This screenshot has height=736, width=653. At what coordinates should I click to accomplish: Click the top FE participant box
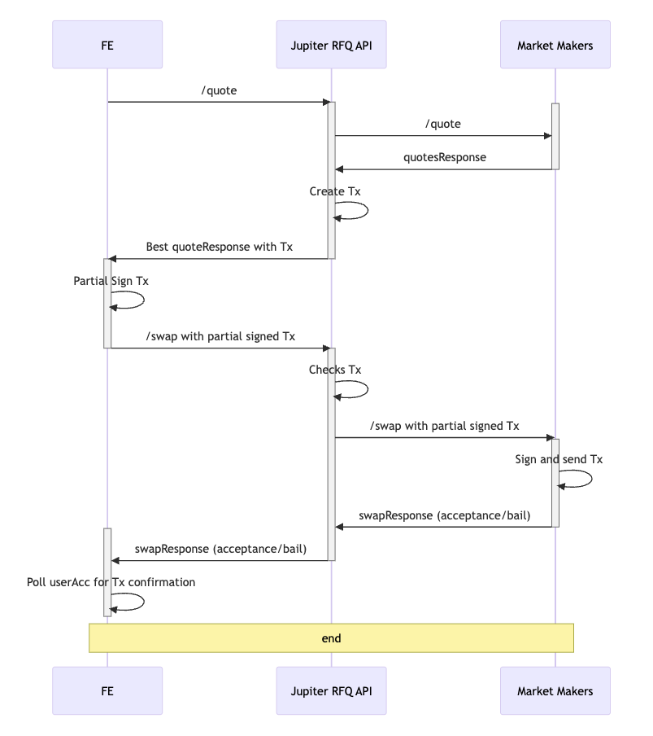point(107,45)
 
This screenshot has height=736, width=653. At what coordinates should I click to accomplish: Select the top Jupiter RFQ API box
point(331,45)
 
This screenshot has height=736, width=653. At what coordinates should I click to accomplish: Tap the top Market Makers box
point(555,45)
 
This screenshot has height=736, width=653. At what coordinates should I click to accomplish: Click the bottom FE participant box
point(107,691)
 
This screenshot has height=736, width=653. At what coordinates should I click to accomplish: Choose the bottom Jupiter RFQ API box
point(331,691)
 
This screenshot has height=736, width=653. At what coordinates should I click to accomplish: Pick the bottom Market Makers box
point(555,691)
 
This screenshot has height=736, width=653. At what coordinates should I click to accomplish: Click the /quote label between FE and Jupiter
point(219,90)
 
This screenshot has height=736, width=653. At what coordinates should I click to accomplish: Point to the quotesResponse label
point(445,157)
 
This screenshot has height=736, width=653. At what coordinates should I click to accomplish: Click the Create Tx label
point(335,191)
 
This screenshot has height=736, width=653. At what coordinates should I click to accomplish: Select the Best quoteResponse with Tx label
point(219,247)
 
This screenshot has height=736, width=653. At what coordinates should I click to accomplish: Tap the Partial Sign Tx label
point(111,281)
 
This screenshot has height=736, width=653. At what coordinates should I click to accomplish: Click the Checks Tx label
point(335,370)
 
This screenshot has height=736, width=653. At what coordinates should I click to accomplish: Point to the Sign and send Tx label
point(559,459)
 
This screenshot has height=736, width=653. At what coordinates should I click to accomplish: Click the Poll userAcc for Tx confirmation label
point(111,582)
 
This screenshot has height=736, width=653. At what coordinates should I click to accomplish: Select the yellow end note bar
point(331,638)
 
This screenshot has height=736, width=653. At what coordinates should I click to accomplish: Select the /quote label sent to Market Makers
point(442,124)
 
